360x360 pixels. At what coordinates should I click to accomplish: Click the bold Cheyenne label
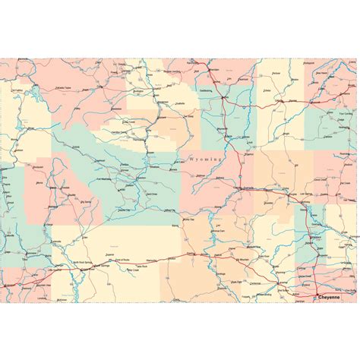tap(332, 297)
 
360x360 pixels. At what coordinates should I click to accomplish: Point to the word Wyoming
tap(203, 160)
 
